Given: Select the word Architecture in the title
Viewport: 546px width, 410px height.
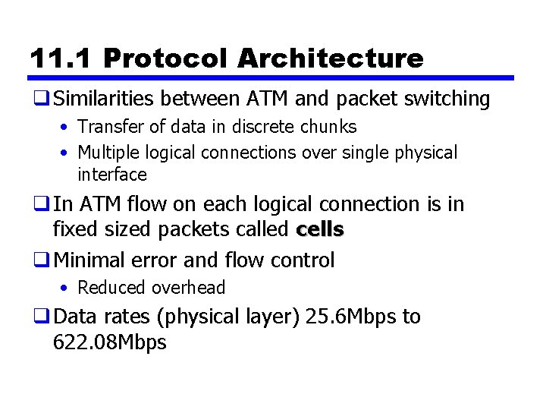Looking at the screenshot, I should (x=330, y=58).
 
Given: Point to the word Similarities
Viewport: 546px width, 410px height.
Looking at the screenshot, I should (x=107, y=99).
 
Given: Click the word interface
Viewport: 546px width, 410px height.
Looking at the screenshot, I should (x=111, y=175).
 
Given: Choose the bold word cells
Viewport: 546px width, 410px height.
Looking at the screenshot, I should (x=320, y=229).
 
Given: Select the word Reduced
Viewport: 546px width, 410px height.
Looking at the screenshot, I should (x=112, y=288).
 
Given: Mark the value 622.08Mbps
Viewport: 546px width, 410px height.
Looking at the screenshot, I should (x=110, y=342).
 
